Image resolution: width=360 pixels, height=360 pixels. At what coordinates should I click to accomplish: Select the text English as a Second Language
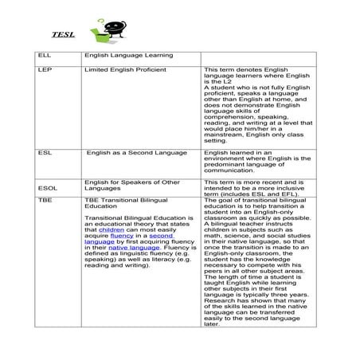136,151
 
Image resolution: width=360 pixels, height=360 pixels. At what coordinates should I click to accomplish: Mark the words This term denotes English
238,71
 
